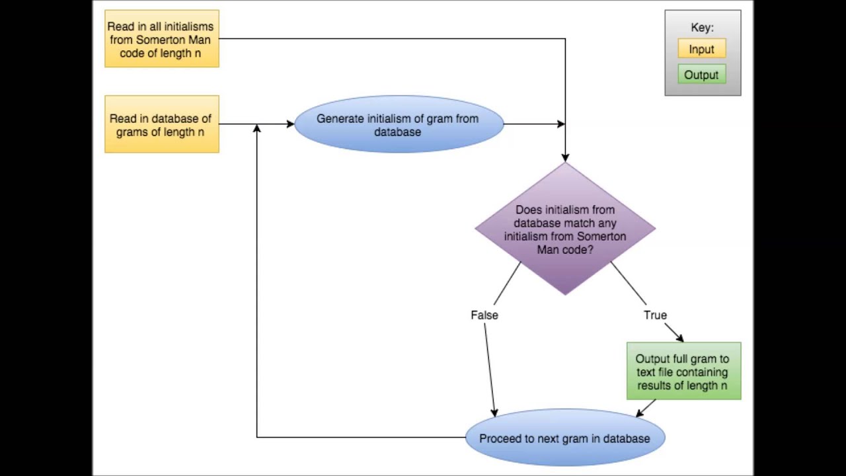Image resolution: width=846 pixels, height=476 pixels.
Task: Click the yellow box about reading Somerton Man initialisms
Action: [162, 38]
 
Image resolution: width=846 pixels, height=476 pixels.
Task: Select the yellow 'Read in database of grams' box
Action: [162, 124]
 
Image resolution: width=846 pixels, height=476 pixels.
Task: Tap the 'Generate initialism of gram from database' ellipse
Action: [399, 124]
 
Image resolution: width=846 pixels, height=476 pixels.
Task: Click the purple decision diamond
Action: [565, 228]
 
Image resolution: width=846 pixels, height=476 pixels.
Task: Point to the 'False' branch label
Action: [484, 315]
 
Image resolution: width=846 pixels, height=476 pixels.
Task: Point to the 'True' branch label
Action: [655, 315]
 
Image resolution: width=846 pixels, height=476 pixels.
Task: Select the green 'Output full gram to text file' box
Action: [683, 372]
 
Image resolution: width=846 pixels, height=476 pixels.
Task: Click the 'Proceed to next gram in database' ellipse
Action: [565, 438]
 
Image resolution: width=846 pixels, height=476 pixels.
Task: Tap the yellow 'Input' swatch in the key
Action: [701, 49]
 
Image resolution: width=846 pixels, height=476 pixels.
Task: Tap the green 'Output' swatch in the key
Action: [701, 75]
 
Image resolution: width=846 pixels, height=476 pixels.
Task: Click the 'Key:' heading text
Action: [702, 28]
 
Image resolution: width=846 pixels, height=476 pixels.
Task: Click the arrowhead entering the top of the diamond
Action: [565, 158]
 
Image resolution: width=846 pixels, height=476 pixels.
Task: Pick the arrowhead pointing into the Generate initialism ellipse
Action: [290, 124]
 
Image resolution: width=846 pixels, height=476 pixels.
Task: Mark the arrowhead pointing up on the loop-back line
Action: [256, 128]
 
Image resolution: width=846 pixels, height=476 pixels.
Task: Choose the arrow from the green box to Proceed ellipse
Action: [646, 408]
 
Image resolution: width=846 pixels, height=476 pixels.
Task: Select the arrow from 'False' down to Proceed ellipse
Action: [490, 370]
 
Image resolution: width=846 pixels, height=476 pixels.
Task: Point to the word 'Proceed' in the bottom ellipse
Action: [501, 438]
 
